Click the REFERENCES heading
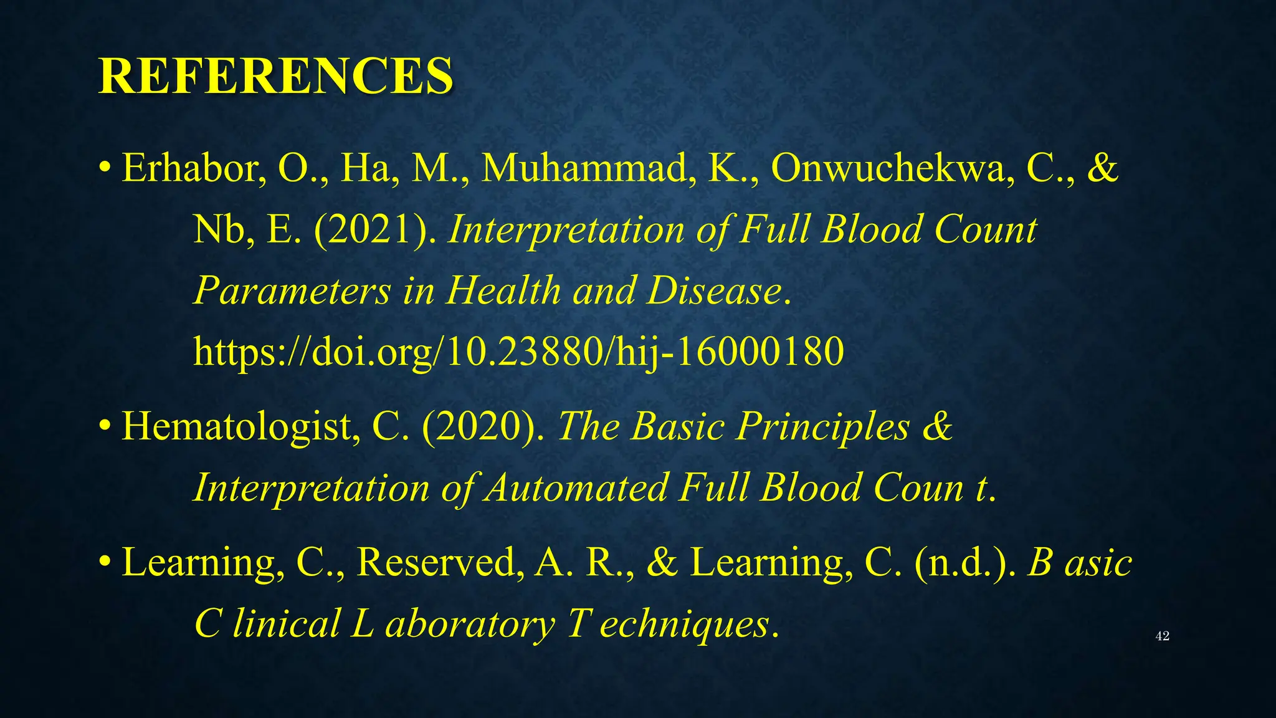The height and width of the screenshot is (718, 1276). point(275,76)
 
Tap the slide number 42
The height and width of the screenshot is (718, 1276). point(1162,636)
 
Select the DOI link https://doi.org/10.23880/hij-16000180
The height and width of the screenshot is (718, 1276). point(518,352)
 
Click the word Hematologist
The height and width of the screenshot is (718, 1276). point(240,427)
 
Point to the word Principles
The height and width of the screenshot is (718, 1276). point(823,427)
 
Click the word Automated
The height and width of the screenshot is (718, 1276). point(577,487)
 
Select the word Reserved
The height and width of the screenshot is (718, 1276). point(437,562)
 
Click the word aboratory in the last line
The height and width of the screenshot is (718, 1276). point(470,623)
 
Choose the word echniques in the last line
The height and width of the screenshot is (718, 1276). point(685,623)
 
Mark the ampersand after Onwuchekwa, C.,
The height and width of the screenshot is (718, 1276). point(1102,168)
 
